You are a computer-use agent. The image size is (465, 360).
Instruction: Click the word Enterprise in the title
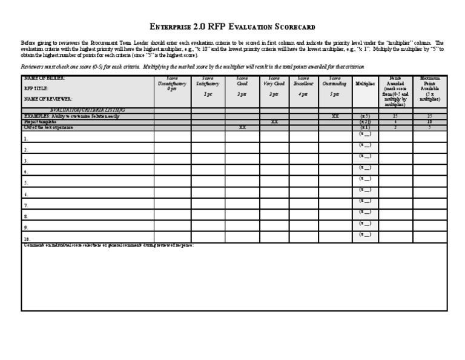[171, 27]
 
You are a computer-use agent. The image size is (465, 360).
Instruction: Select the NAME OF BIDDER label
[45, 79]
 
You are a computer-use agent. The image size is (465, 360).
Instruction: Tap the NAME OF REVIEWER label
[48, 98]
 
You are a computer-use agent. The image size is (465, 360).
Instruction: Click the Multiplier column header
[365, 84]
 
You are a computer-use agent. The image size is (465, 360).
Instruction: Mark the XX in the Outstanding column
[335, 116]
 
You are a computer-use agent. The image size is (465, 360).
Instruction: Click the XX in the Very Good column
[274, 122]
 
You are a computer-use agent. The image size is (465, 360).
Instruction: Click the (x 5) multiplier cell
[365, 116]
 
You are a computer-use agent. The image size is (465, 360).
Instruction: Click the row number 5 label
[25, 182]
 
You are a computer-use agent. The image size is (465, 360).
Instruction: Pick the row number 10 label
[27, 239]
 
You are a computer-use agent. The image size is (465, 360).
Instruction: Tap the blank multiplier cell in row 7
[365, 201]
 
